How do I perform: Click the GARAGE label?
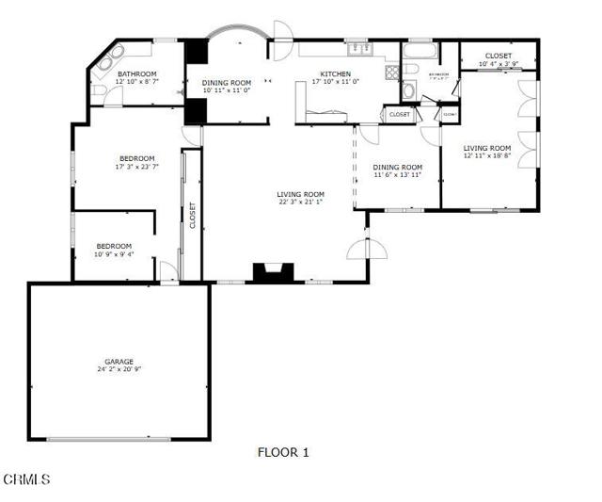(x=119, y=361)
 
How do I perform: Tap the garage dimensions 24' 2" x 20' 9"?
(x=119, y=369)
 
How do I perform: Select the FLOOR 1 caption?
(x=283, y=452)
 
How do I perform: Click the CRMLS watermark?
(x=26, y=480)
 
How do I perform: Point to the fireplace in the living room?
(x=273, y=273)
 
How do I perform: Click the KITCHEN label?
(x=336, y=73)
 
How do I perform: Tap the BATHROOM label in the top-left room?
(x=136, y=73)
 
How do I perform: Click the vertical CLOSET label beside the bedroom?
(x=192, y=216)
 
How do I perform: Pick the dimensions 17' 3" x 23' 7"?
(x=136, y=167)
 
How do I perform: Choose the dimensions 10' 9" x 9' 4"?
(x=114, y=253)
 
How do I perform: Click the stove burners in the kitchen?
(x=391, y=73)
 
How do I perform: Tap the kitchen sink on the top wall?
(x=358, y=48)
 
